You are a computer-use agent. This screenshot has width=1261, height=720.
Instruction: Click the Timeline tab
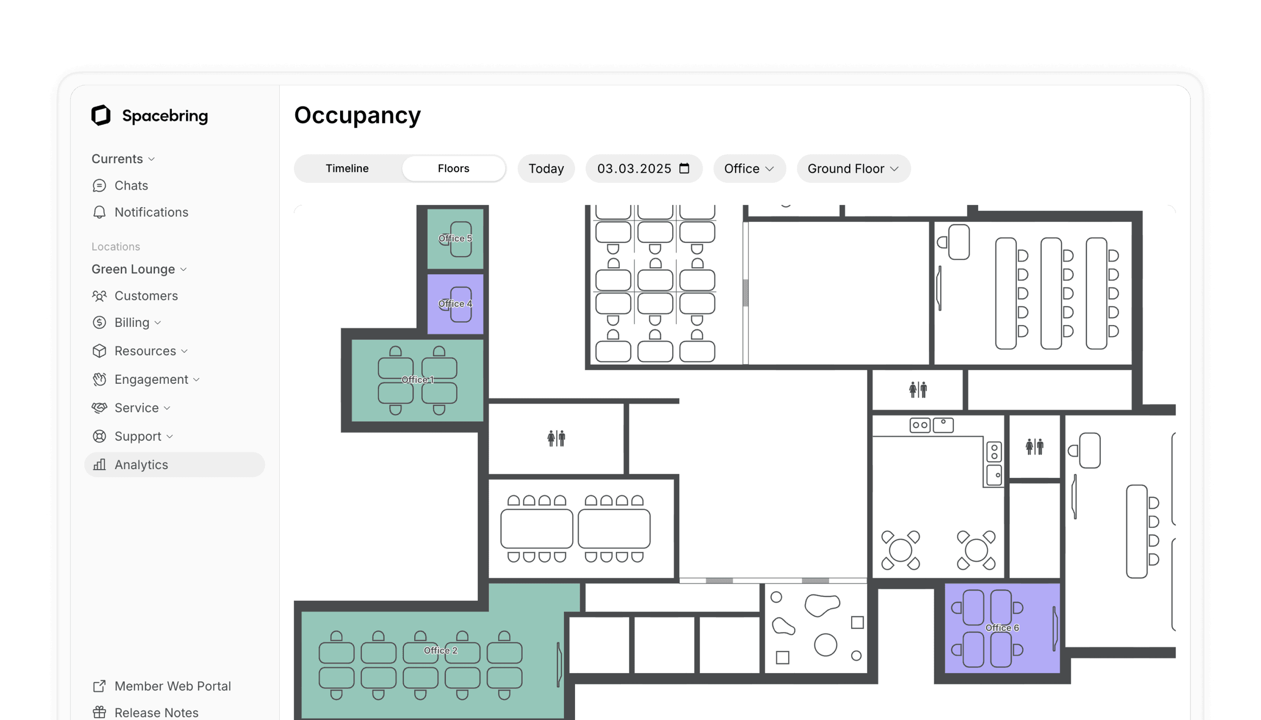pyautogui.click(x=347, y=168)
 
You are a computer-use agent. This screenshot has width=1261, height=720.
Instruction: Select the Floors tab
pyautogui.click(x=453, y=168)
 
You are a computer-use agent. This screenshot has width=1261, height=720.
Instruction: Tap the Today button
pyautogui.click(x=546, y=168)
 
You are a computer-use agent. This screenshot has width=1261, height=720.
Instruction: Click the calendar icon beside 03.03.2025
pyautogui.click(x=684, y=168)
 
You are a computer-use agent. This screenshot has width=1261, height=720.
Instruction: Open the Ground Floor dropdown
pyautogui.click(x=853, y=168)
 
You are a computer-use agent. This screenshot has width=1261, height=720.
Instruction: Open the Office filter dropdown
pyautogui.click(x=748, y=168)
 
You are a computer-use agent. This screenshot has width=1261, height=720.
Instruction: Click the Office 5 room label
pyautogui.click(x=455, y=238)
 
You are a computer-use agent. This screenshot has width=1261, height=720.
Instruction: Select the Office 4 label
pyautogui.click(x=455, y=304)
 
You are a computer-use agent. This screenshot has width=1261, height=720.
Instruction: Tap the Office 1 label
pyautogui.click(x=417, y=380)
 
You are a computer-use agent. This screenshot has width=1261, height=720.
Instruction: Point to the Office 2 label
pyautogui.click(x=440, y=650)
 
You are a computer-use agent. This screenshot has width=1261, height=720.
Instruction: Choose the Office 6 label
pyautogui.click(x=1002, y=628)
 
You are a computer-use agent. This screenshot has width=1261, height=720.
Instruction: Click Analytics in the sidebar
pyautogui.click(x=141, y=465)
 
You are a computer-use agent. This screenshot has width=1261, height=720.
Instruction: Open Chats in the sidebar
pyautogui.click(x=131, y=186)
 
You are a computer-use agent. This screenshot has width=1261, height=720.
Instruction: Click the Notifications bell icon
pyautogui.click(x=99, y=212)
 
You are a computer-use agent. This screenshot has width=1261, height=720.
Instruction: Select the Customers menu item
pyautogui.click(x=146, y=296)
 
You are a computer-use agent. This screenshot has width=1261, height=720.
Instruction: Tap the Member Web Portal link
pyautogui.click(x=172, y=686)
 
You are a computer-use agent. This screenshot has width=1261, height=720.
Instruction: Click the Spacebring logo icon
pyautogui.click(x=101, y=116)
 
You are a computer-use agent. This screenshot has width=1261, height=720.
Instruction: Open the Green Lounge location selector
pyautogui.click(x=139, y=269)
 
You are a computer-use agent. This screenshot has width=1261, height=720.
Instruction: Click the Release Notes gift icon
pyautogui.click(x=99, y=712)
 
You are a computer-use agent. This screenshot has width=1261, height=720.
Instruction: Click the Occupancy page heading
pyautogui.click(x=357, y=115)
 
